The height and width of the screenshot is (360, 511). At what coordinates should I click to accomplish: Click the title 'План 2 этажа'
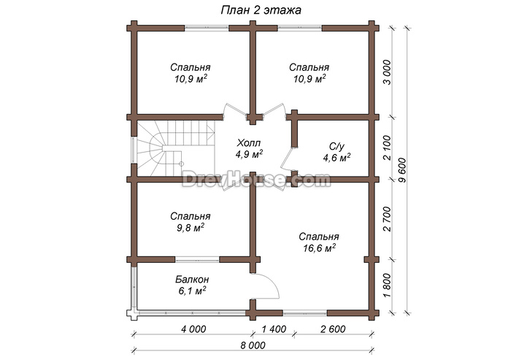(x=261, y=10)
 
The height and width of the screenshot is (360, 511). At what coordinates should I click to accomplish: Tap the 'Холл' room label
(x=249, y=143)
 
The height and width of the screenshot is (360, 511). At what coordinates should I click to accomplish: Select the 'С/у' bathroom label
(x=337, y=147)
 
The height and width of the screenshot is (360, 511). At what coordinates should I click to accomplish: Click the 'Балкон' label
(x=192, y=280)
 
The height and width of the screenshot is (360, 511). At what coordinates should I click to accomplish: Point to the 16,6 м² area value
(x=320, y=248)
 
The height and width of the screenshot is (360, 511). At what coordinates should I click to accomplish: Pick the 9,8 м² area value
(x=191, y=228)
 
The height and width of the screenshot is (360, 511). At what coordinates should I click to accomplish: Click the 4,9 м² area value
(x=250, y=154)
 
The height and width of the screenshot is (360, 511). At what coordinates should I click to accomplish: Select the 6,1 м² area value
(x=192, y=291)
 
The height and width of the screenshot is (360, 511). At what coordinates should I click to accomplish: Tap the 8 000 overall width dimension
(x=253, y=345)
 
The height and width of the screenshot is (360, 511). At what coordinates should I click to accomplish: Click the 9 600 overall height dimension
(x=403, y=170)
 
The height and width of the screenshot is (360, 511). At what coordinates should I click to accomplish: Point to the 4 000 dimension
(x=193, y=329)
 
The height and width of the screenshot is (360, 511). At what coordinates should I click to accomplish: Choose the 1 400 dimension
(x=274, y=329)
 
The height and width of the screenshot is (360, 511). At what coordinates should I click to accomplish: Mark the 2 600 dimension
(x=333, y=329)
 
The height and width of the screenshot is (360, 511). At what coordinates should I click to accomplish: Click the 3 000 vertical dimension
(x=387, y=72)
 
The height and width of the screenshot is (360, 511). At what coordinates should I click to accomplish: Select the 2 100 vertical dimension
(x=387, y=148)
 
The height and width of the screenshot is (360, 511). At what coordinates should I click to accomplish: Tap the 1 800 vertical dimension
(x=387, y=286)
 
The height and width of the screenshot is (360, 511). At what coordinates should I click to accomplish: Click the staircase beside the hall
(x=174, y=148)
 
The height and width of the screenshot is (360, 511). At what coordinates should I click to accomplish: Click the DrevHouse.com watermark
(x=256, y=180)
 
